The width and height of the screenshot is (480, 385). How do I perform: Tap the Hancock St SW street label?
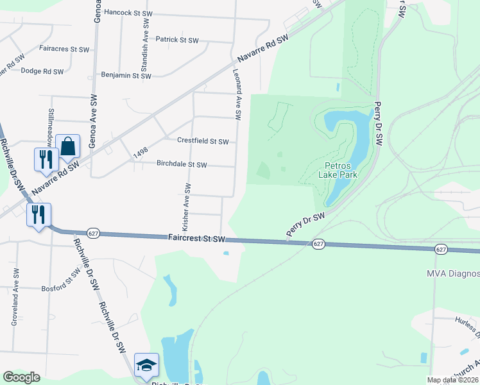point(128,12)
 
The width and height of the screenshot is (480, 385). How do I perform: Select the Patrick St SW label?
point(179,40)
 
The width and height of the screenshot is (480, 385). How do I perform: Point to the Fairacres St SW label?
point(63,49)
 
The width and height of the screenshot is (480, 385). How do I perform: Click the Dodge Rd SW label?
point(40,71)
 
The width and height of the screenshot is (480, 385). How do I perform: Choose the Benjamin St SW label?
point(126,76)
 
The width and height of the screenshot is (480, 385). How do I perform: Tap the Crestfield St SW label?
point(203,141)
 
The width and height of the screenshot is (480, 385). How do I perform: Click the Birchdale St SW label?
point(182,164)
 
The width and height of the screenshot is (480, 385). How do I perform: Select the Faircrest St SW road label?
point(197,238)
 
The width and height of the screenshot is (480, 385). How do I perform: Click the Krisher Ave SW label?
point(187,207)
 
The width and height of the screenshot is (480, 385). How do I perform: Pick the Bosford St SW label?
point(62,288)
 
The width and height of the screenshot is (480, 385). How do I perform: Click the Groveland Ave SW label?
point(13,298)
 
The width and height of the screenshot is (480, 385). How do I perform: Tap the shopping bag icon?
point(67,147)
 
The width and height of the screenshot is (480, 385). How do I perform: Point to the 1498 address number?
point(141,154)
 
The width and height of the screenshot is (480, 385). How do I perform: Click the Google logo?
point(22,377)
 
